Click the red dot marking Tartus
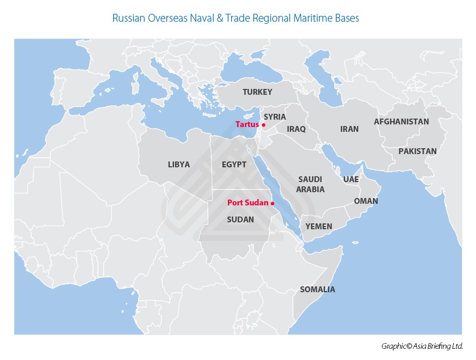coord(263,125)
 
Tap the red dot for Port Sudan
coord(272,203)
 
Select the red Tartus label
coord(247,124)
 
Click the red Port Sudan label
coord(248,203)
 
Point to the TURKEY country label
coord(258,92)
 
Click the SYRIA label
coord(274,117)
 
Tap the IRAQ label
coord(296,129)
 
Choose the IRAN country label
coord(349,129)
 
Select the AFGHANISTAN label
coord(401,122)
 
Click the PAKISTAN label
coord(418,151)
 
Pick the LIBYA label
coord(179,165)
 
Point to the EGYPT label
coord(234,165)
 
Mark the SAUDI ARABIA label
coord(310,184)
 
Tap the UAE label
coord(351,179)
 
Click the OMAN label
coord(366,201)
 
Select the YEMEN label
coord(319,227)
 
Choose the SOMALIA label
coord(317,290)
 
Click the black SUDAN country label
coord(240,220)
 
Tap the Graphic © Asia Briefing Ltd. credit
coord(422,346)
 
